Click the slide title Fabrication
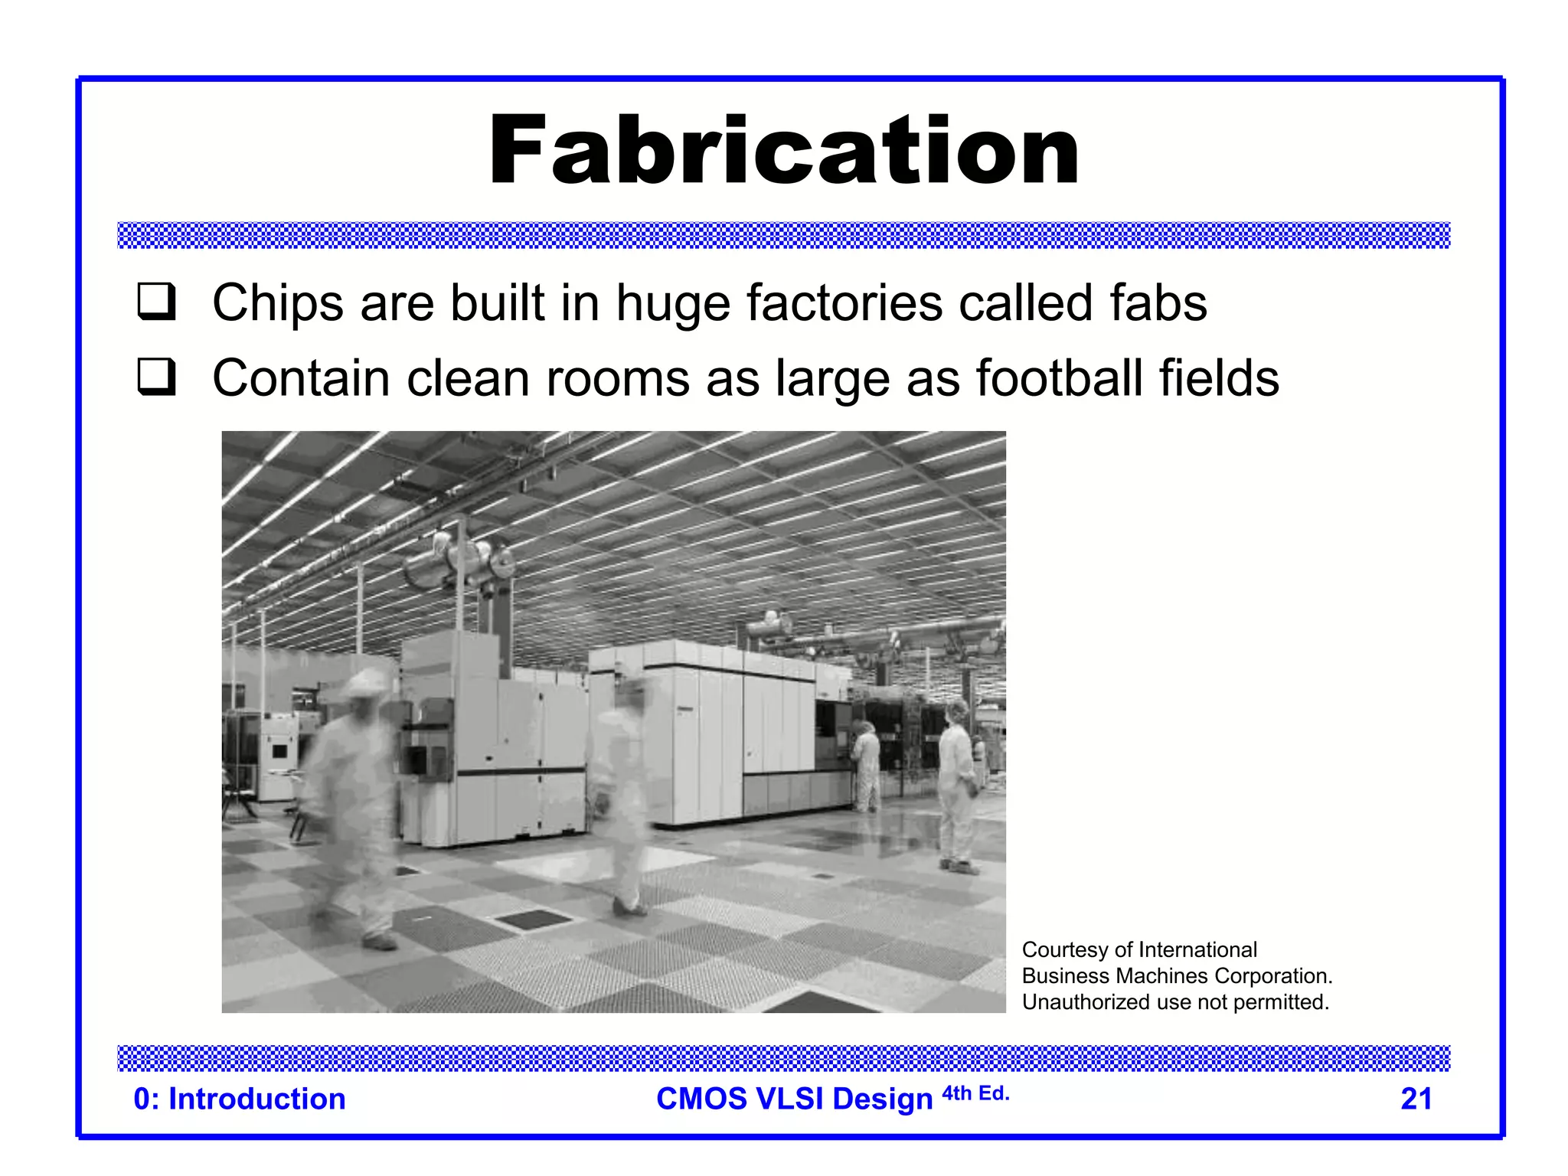(x=784, y=150)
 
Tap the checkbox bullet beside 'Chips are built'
(x=157, y=302)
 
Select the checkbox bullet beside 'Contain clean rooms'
(x=157, y=377)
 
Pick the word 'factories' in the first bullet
(x=844, y=303)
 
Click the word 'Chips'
(x=278, y=303)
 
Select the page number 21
(x=1416, y=1099)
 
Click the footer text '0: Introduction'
(x=240, y=1099)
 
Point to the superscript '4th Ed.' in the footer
(x=975, y=1093)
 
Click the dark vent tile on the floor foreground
(x=527, y=919)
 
